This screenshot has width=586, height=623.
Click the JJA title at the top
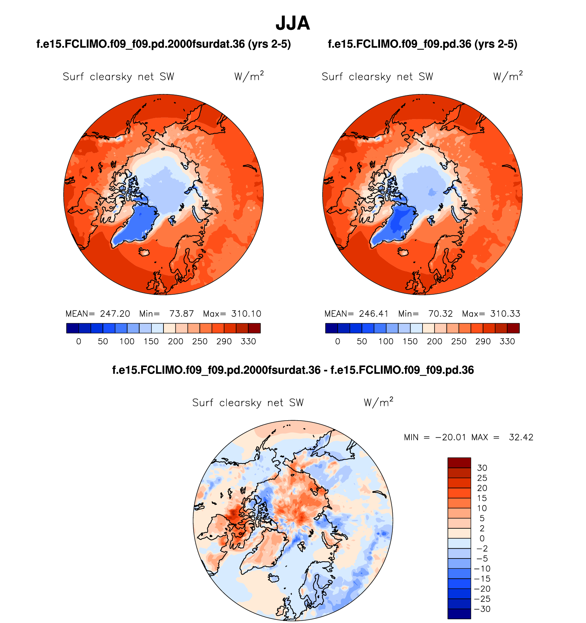(293, 23)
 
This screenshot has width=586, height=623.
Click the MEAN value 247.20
(115, 314)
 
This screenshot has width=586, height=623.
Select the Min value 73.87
(181, 314)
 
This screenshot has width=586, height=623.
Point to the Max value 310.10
(246, 314)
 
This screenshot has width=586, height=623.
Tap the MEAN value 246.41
(374, 314)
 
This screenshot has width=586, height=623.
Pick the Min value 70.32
(440, 314)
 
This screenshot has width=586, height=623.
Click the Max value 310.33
(505, 314)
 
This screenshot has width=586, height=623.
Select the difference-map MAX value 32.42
(521, 437)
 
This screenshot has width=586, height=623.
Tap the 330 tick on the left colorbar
(248, 341)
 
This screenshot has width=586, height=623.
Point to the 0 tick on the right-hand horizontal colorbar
(338, 341)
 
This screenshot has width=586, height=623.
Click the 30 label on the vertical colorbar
(482, 468)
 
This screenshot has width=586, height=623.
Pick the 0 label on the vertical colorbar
(482, 538)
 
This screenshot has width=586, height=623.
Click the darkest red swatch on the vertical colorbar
(459, 462)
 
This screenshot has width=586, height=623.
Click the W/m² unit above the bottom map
(378, 402)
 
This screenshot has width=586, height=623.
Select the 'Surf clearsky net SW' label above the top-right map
(377, 77)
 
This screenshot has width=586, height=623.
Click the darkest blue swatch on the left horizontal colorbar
(73, 328)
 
